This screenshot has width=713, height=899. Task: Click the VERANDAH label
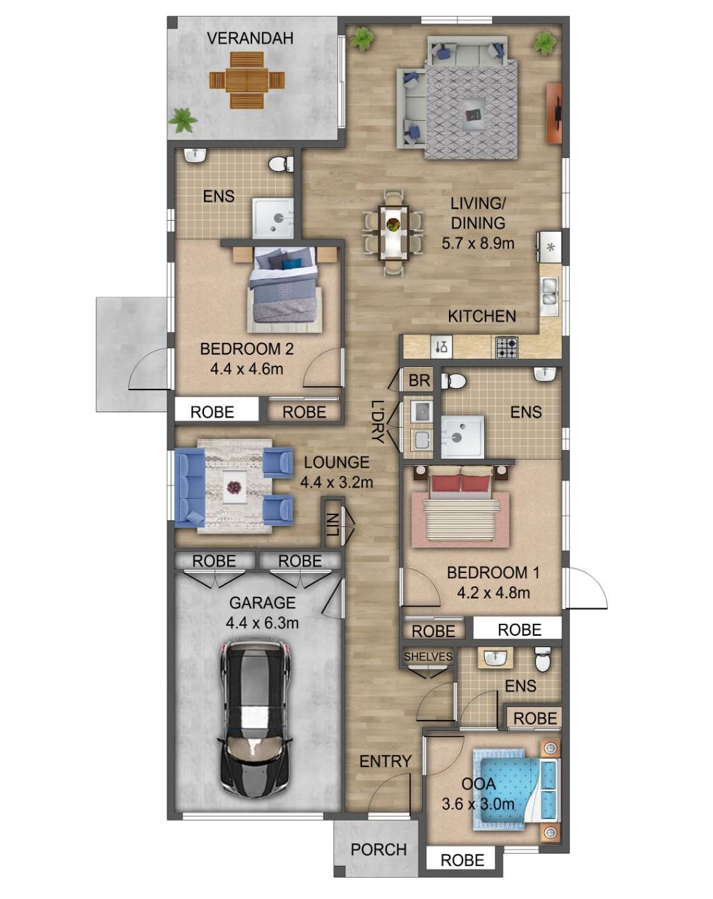(x=250, y=38)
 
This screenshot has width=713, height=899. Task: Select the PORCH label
(x=378, y=850)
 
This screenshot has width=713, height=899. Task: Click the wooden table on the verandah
(x=246, y=80)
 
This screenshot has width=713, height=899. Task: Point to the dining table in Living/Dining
(x=393, y=233)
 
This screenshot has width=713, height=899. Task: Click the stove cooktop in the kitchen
(x=507, y=348)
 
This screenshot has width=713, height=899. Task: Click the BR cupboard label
(x=419, y=380)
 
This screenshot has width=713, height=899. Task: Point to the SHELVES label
(x=428, y=656)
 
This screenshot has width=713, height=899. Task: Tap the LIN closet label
(x=333, y=524)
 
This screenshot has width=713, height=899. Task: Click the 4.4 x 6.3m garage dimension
(x=263, y=623)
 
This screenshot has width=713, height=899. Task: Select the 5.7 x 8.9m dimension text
(x=478, y=243)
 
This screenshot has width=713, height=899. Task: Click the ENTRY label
(x=385, y=761)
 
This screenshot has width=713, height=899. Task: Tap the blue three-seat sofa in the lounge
(x=189, y=486)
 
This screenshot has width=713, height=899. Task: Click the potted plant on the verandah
(x=183, y=120)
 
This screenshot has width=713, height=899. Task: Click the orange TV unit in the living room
(x=553, y=114)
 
